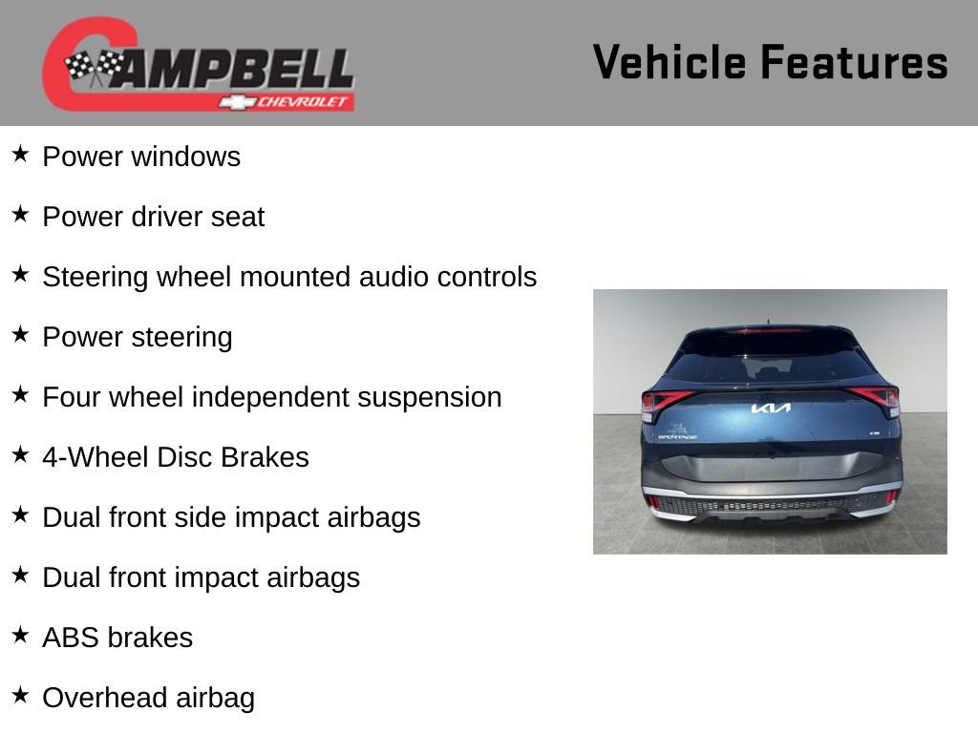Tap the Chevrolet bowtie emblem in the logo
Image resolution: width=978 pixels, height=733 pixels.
coord(237,102)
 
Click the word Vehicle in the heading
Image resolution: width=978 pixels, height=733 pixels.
coord(669,62)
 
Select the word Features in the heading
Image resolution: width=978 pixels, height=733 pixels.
coord(855,62)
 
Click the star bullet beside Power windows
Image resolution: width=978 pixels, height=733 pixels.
coord(21,154)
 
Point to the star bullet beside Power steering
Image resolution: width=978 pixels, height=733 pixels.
coord(21,334)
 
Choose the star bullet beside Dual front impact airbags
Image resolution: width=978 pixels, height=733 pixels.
coord(21,575)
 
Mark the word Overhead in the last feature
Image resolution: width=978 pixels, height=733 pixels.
coord(105,698)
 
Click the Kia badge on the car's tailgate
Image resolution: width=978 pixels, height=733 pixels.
coord(771,408)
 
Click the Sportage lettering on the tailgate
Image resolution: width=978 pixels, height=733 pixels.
coord(677,437)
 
